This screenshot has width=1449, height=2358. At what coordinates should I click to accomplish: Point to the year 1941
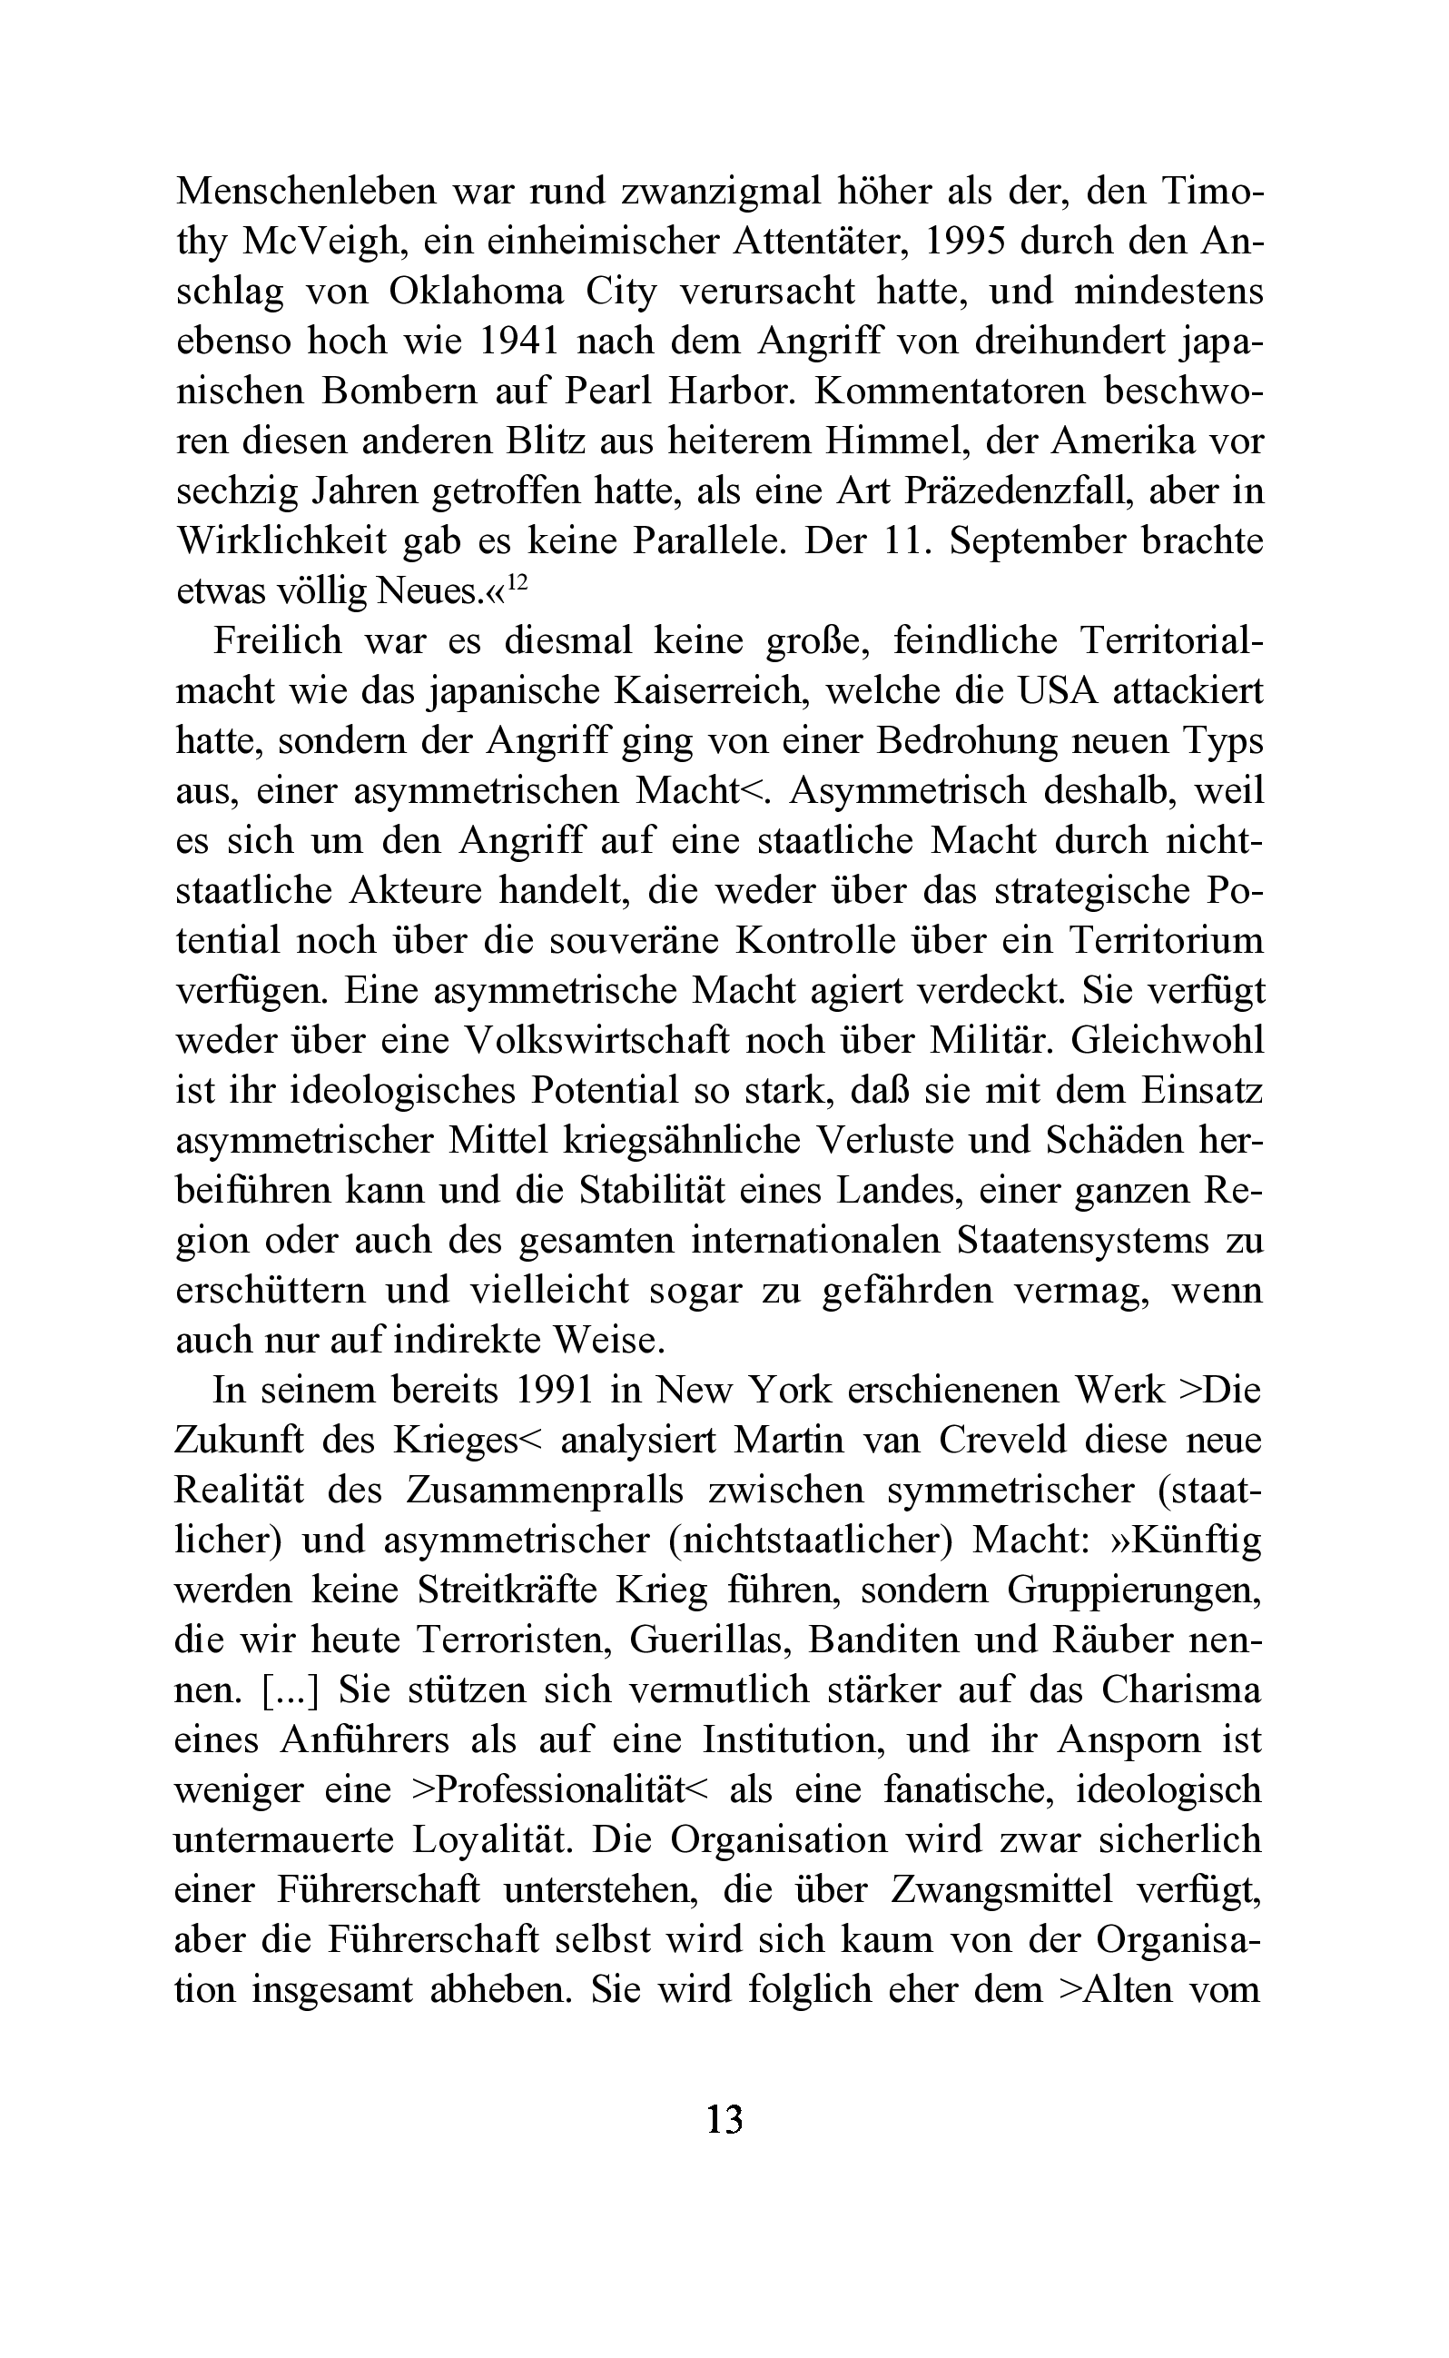pos(527,342)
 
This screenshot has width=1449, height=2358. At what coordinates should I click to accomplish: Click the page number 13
pos(724,2118)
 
